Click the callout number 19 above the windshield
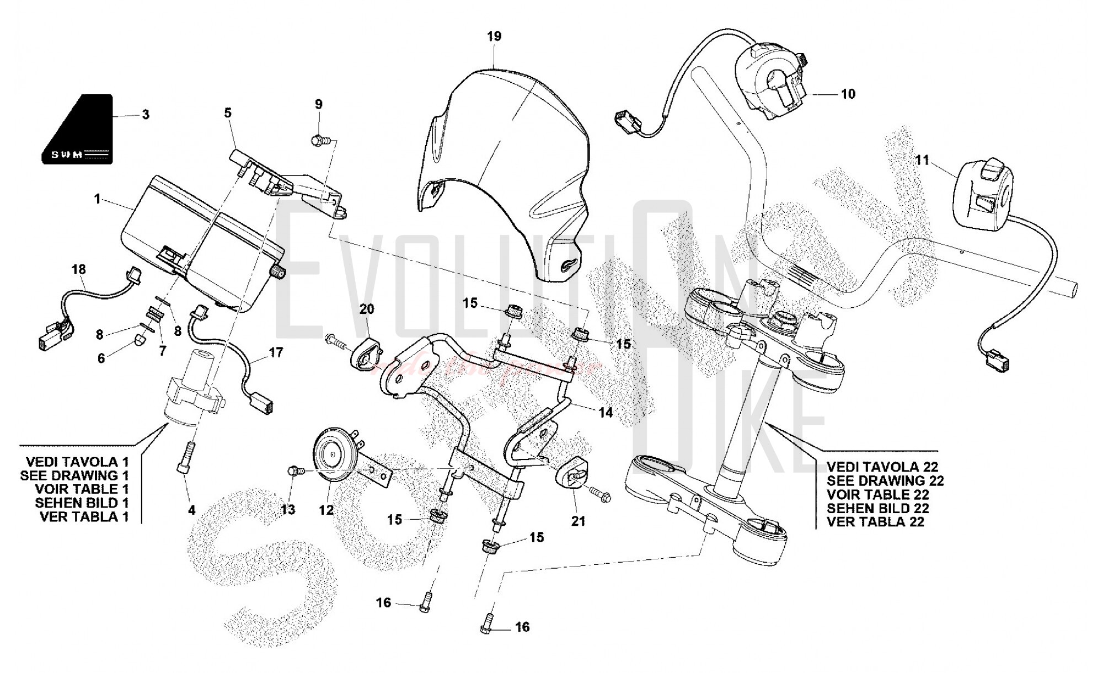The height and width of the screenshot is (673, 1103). (x=494, y=36)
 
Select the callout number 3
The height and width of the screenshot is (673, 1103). (x=146, y=115)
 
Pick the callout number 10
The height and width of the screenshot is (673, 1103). (x=848, y=94)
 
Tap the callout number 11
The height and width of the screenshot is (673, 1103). (x=922, y=160)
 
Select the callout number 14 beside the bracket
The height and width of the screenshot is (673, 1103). (x=606, y=412)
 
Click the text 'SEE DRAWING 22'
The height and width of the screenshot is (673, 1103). (x=885, y=480)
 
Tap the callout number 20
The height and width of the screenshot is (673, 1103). (x=367, y=309)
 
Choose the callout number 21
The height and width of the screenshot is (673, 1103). (x=578, y=521)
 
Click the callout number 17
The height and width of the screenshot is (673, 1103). (x=276, y=352)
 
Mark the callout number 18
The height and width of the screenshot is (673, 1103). (x=79, y=270)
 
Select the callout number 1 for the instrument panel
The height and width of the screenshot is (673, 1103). (x=98, y=199)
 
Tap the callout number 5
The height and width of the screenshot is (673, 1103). (x=228, y=113)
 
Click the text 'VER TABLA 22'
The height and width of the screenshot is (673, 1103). (x=875, y=522)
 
